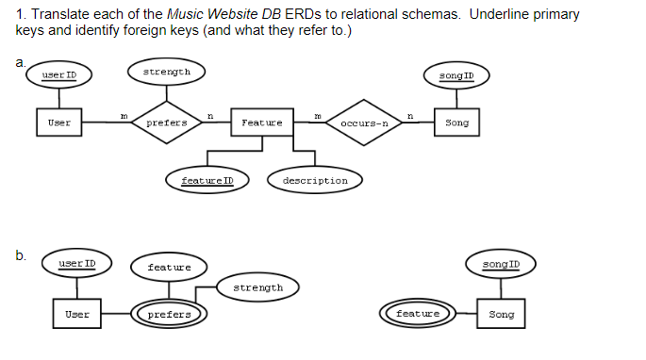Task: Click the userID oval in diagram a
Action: click(x=58, y=74)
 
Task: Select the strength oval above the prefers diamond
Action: click(x=167, y=73)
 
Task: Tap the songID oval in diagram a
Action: click(x=456, y=74)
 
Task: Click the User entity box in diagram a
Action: click(x=58, y=123)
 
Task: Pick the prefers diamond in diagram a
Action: click(x=167, y=123)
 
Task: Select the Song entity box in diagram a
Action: click(x=456, y=123)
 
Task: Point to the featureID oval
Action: click(x=207, y=180)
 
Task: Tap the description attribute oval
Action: click(x=315, y=180)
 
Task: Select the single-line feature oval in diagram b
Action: click(x=169, y=268)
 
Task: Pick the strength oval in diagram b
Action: click(x=257, y=287)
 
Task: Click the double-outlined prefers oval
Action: click(x=169, y=314)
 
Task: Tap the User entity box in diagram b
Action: click(x=77, y=314)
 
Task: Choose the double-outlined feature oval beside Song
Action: click(x=417, y=313)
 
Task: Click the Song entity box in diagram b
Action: click(x=501, y=314)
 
